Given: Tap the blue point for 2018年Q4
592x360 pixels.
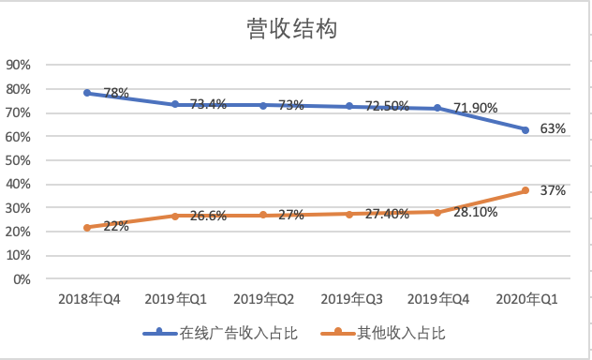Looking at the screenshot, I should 87,93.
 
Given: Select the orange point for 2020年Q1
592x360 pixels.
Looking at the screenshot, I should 525,190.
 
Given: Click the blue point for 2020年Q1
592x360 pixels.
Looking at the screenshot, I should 525,129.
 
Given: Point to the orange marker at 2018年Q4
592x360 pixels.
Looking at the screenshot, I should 87,227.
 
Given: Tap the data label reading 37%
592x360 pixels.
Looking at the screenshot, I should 553,190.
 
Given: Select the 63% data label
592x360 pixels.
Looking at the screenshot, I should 553,129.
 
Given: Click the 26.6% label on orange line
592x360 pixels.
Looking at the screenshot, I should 207,216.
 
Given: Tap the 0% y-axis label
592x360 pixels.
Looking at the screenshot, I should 22,279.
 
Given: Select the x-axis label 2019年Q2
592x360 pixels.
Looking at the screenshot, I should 262,299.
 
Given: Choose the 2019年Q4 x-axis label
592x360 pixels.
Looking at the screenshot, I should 437,299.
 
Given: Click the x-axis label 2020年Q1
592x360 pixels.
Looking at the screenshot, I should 525,299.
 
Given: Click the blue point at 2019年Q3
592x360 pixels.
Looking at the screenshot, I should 350,106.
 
